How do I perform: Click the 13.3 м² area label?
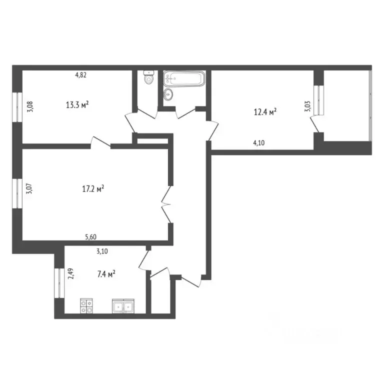pos(77,104)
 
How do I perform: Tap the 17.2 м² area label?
pos(93,189)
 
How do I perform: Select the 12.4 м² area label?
pos(265,113)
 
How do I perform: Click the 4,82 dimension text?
pos(81,75)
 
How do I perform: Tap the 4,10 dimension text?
pos(258,142)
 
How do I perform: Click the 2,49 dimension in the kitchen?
pos(71,274)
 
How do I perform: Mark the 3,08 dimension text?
pos(28,107)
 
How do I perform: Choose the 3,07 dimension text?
pos(28,189)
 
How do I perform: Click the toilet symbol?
pos(148,78)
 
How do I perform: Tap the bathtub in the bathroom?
pos(183,78)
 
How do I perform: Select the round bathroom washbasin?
pos(169,93)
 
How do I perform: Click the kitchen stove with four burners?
pos(86,305)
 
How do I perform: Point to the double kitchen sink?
pos(123,305)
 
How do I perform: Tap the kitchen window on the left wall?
pos(58,282)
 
